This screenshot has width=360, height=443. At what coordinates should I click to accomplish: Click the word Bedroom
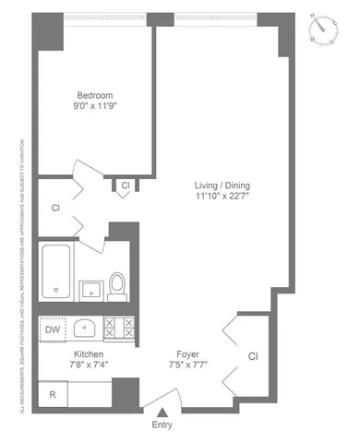(x=94, y=95)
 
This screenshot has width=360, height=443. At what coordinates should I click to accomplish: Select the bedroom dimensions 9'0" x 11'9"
(x=94, y=106)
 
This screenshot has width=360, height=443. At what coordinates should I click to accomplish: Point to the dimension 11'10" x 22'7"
(x=222, y=196)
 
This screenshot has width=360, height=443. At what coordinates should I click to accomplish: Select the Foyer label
(x=188, y=353)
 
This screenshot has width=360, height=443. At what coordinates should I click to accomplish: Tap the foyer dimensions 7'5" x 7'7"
(x=188, y=365)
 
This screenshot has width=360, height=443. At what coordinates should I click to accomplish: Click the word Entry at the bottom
(x=162, y=425)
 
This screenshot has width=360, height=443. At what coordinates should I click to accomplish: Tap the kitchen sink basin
(x=86, y=328)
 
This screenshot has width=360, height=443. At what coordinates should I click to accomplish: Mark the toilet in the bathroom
(x=117, y=286)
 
